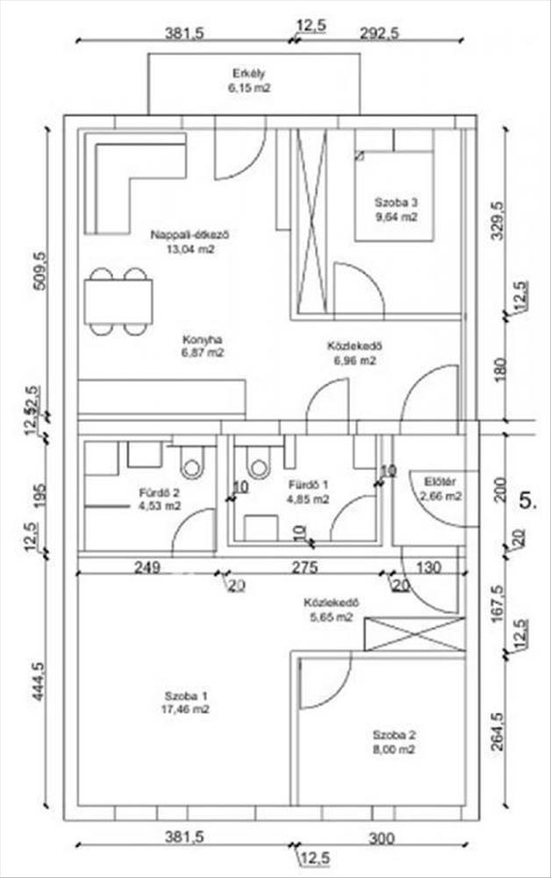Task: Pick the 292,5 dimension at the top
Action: [379, 33]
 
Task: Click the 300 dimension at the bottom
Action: [381, 838]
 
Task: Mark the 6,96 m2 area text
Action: [354, 360]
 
